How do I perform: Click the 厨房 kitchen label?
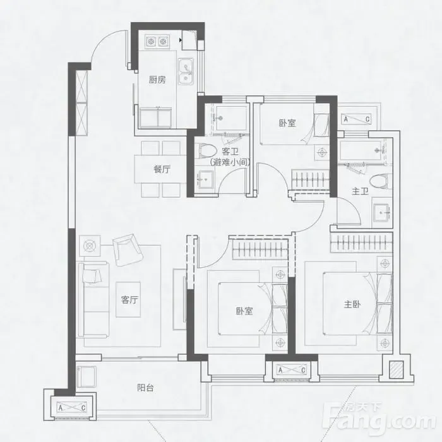click(157, 80)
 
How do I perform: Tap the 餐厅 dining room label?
click(162, 169)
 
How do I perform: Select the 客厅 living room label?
click(129, 300)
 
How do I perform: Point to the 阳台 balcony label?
click(145, 388)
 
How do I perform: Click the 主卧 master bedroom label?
click(352, 304)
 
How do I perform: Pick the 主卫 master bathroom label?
click(360, 191)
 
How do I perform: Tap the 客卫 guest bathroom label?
click(230, 152)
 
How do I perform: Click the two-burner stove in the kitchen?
click(157, 42)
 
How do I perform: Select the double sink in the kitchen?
click(186, 72)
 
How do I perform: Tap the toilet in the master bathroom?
click(381, 181)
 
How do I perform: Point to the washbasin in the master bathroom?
click(382, 212)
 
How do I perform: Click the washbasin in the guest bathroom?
click(205, 179)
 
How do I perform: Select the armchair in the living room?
click(128, 250)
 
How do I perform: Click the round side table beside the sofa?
click(90, 246)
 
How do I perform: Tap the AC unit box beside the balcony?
click(71, 407)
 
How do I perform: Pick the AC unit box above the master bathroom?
click(356, 119)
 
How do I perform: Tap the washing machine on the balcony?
click(86, 377)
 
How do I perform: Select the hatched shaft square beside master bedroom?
click(396, 369)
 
